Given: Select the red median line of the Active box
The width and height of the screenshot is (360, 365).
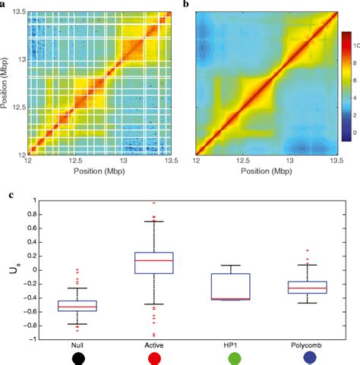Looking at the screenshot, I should pos(154,260).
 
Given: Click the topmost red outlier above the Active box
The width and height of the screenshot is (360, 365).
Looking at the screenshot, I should pos(154,203).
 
